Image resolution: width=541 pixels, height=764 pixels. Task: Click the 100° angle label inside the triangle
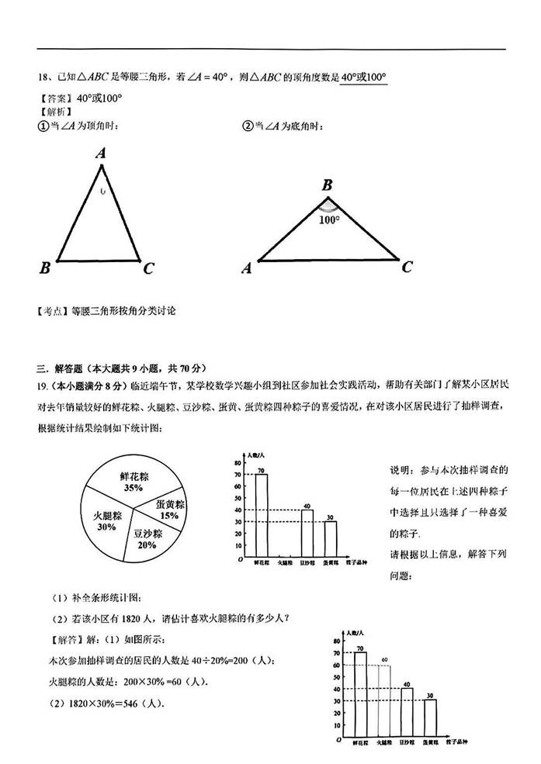click(328, 220)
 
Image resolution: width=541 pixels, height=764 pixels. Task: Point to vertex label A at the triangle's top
click(101, 154)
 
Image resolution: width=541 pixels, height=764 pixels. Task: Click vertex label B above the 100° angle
click(327, 185)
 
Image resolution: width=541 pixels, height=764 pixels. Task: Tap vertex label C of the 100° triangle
click(407, 267)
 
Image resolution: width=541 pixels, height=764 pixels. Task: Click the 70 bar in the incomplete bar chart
click(262, 516)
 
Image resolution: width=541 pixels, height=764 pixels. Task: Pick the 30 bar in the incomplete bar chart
click(331, 539)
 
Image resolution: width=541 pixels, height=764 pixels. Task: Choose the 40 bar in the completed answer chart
click(407, 712)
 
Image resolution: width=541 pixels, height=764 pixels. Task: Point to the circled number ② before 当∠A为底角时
click(248, 126)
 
